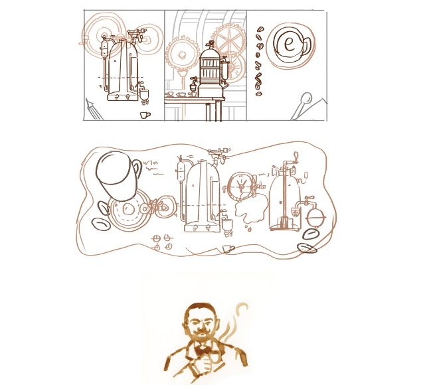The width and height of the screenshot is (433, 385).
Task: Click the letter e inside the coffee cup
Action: click(x=288, y=44)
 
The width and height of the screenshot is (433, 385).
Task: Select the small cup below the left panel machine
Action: click(x=145, y=114)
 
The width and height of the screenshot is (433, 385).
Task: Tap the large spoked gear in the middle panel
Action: click(x=230, y=40)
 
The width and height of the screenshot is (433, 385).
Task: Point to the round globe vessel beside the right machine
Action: click(x=313, y=214)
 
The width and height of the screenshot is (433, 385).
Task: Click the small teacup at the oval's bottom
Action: click(x=228, y=248)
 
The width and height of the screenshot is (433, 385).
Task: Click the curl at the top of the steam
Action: click(x=244, y=308)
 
